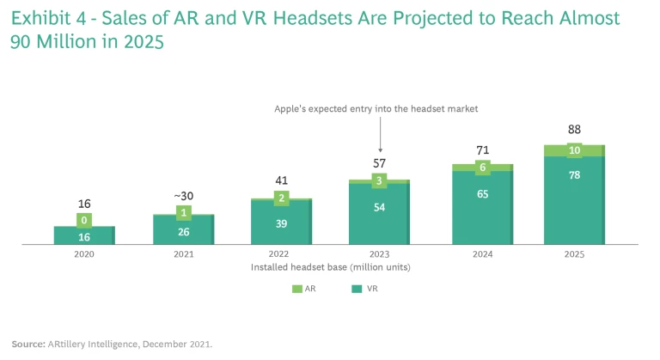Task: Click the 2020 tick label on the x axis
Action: click(x=84, y=255)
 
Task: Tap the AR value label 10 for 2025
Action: click(x=574, y=151)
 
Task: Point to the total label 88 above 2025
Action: click(x=574, y=130)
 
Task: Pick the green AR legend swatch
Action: click(x=296, y=290)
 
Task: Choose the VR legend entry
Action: click(x=357, y=290)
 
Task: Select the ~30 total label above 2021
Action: click(x=183, y=196)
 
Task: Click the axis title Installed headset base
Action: click(x=329, y=267)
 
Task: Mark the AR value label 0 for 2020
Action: click(x=84, y=220)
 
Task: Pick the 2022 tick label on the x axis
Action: click(x=281, y=255)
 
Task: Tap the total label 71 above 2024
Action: click(x=482, y=150)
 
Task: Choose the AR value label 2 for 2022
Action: click(x=281, y=198)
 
